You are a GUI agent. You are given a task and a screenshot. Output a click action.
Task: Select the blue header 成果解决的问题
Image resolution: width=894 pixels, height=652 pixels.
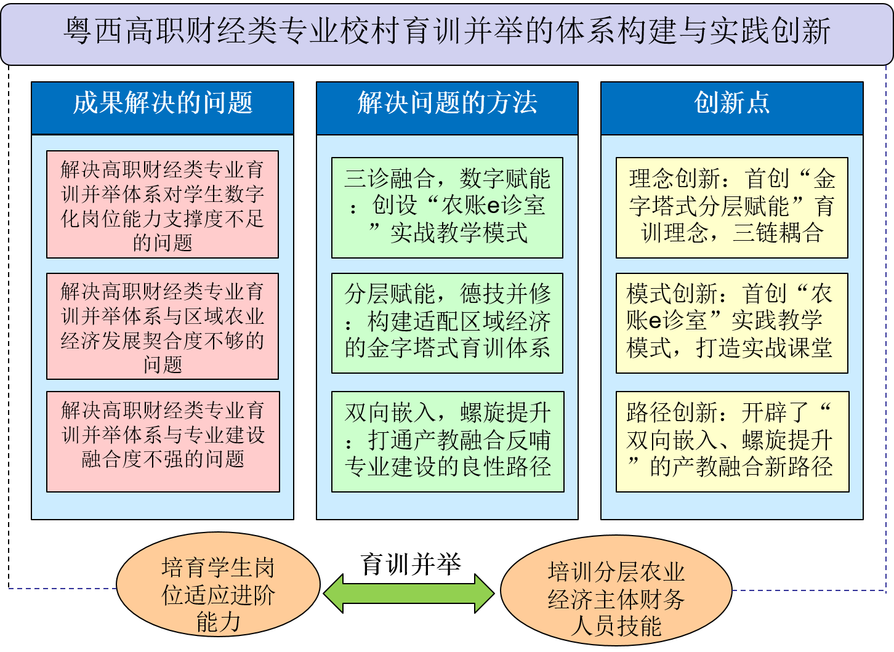(x=163, y=103)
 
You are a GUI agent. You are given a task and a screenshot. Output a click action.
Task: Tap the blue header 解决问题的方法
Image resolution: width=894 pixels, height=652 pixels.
(x=447, y=103)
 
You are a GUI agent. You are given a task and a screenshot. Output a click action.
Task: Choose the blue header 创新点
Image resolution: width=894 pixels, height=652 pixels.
(x=731, y=103)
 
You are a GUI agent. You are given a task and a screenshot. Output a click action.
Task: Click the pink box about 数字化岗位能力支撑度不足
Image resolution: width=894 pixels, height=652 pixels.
(x=163, y=205)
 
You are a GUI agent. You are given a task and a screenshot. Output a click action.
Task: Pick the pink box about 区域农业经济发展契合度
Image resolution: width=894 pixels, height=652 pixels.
(x=163, y=327)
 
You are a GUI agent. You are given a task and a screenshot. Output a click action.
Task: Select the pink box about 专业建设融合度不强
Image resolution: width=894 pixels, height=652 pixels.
(x=163, y=441)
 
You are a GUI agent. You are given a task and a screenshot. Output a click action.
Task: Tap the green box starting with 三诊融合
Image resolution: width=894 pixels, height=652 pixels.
(x=447, y=207)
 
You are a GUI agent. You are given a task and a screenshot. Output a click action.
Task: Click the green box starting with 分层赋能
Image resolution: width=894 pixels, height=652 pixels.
(x=447, y=323)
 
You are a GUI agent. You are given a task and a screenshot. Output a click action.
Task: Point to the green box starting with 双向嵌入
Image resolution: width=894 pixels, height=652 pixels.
(x=447, y=441)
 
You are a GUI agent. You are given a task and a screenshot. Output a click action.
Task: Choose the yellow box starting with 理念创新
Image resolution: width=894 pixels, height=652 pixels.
(x=731, y=207)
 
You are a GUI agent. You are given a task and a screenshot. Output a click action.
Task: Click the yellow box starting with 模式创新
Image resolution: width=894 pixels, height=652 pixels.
(x=731, y=323)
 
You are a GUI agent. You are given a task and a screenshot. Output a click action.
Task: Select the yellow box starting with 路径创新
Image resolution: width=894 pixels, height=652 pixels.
(x=731, y=441)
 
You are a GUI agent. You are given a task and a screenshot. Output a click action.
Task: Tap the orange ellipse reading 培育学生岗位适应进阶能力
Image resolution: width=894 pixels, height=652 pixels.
(x=218, y=594)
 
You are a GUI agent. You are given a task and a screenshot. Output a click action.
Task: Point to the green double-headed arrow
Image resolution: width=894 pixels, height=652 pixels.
(x=409, y=594)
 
